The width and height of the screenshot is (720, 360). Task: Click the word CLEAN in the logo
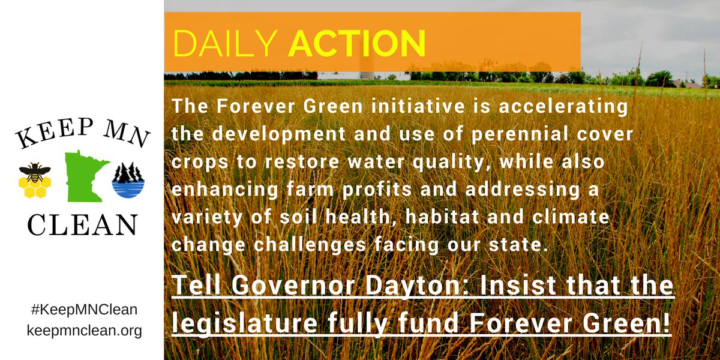point(82,225)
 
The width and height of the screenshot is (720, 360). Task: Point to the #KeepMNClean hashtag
point(83,310)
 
